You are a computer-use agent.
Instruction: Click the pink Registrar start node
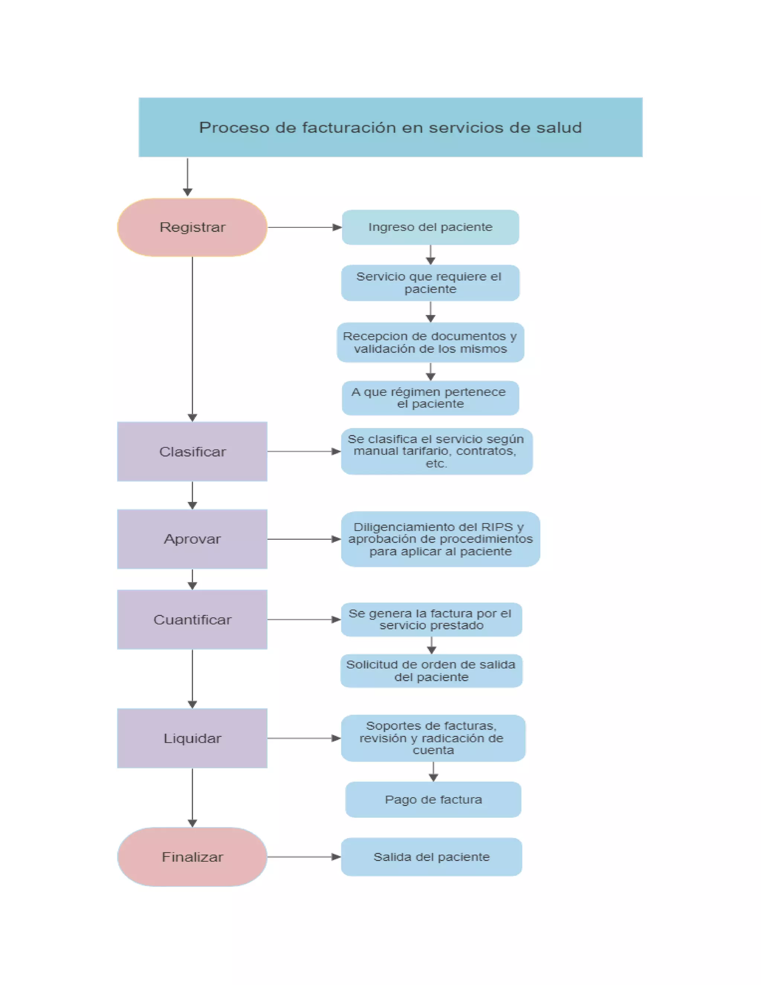(192, 227)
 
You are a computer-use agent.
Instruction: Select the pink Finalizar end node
(192, 856)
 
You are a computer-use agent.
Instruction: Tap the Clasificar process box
(192, 452)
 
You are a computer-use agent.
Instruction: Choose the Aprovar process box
(192, 539)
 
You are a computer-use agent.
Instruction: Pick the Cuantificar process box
(192, 620)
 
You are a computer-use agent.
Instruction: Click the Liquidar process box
(192, 738)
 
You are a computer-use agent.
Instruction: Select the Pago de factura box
(433, 800)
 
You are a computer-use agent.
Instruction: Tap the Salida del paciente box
(431, 856)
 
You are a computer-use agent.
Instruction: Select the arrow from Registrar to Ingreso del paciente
(304, 227)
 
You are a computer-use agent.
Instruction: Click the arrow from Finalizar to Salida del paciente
(304, 856)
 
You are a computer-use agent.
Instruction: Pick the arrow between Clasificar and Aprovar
(192, 495)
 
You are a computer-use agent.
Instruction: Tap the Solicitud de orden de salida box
(431, 671)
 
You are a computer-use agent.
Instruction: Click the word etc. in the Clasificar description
(436, 464)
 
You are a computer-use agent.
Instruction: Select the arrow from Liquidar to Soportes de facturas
(304, 738)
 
